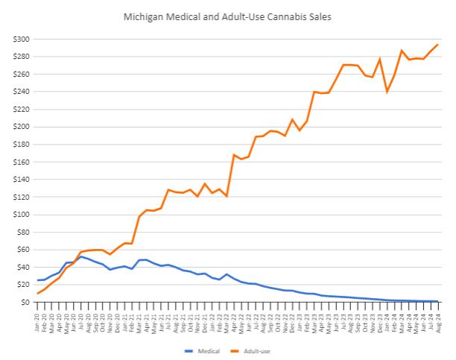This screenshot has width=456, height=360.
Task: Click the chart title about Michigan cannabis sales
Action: [x=228, y=15]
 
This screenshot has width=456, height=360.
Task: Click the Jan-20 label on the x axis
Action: [x=38, y=319]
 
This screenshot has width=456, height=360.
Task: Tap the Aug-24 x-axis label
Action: [x=438, y=319]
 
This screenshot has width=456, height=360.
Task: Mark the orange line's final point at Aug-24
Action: [x=437, y=45]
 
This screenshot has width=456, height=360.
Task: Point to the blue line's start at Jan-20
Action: [x=38, y=280]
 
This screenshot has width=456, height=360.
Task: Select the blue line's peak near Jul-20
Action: [x=81, y=256]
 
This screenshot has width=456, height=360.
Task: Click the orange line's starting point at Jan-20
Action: [x=38, y=293]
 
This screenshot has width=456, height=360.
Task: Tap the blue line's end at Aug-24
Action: [x=437, y=301]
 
